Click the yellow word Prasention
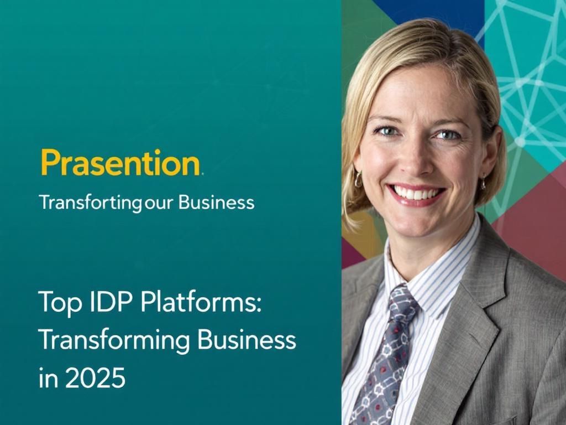[120, 162]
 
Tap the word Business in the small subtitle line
[217, 202]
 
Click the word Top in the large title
[57, 304]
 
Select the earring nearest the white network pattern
[483, 181]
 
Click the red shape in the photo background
[533, 221]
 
